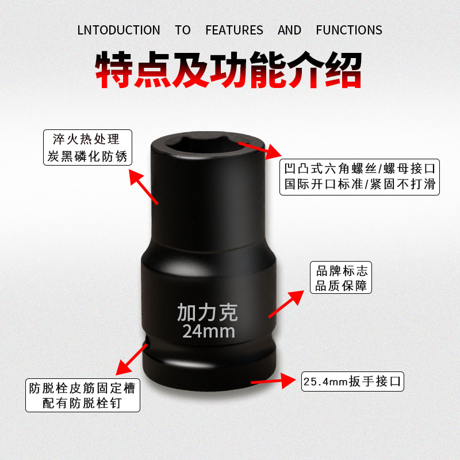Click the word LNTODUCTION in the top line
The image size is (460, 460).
(x=118, y=30)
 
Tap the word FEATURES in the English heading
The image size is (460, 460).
(x=234, y=30)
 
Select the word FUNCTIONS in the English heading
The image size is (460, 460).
(x=349, y=30)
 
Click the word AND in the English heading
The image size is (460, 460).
(x=289, y=30)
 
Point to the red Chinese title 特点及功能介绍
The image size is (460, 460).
(x=228, y=70)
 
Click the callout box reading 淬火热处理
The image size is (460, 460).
(x=87, y=148)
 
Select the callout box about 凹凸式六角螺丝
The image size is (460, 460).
(x=359, y=177)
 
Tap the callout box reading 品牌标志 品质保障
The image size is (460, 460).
(x=341, y=278)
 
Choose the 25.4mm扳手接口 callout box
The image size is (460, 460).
(x=352, y=381)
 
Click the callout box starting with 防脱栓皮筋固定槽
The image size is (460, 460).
(x=83, y=395)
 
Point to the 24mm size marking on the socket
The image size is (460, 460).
(x=209, y=332)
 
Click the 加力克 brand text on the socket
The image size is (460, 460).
(x=208, y=312)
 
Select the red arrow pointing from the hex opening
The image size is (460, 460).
(x=260, y=150)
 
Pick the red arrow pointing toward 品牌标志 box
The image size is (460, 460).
(x=286, y=304)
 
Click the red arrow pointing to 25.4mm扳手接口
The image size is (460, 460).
(x=273, y=381)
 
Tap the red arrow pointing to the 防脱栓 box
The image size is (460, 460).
(x=132, y=359)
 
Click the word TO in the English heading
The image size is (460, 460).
(x=183, y=30)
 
